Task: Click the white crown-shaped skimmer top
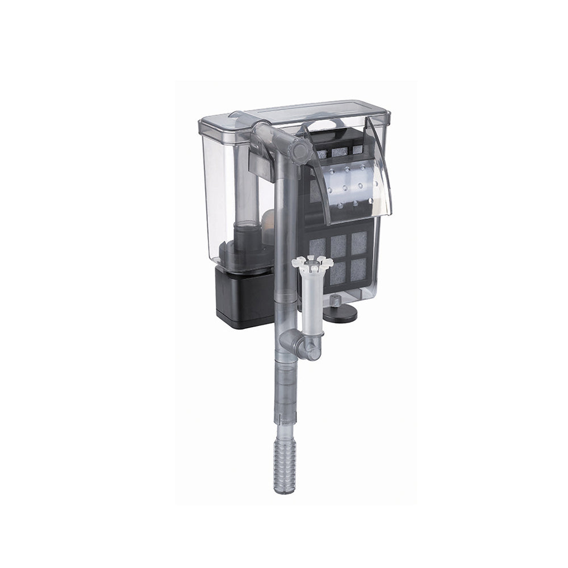tap(312, 262)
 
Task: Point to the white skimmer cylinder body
tap(312, 301)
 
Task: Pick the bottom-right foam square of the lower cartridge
tap(358, 270)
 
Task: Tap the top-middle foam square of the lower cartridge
tap(339, 245)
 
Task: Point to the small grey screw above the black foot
tap(337, 299)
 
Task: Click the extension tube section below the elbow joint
tap(286, 392)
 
